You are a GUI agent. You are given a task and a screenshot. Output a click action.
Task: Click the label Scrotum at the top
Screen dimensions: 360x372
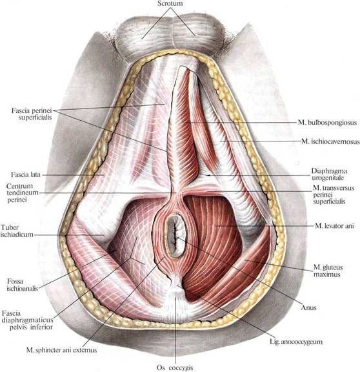click(170, 4)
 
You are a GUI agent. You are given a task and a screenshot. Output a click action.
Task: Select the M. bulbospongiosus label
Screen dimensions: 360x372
click(327, 123)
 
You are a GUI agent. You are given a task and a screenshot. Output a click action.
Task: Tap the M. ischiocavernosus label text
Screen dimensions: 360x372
click(330, 141)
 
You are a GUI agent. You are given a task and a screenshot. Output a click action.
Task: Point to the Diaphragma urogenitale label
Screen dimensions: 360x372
click(329, 174)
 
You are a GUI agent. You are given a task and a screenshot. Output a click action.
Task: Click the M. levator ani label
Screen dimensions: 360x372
click(334, 225)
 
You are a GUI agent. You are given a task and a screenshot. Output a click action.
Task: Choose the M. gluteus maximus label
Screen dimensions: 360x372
click(328, 271)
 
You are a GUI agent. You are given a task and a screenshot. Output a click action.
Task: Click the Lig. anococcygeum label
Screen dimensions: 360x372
click(296, 342)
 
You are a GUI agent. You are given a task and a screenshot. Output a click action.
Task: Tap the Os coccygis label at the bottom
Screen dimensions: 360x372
click(175, 367)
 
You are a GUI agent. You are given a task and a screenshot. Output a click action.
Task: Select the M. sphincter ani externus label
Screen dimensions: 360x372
click(62, 350)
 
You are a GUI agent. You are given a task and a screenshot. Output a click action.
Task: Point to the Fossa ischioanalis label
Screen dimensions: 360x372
click(23, 285)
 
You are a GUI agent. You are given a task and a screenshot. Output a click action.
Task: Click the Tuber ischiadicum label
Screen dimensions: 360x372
click(17, 231)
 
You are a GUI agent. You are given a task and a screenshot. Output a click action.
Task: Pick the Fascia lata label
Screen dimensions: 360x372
click(26, 174)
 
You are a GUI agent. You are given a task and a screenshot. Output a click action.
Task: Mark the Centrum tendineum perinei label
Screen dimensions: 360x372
click(23, 192)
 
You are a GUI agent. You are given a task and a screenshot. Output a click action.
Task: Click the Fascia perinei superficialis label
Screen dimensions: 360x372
click(32, 114)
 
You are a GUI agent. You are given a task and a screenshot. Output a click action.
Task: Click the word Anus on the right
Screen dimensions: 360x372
click(308, 307)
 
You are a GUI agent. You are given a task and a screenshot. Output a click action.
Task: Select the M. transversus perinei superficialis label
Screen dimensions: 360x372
click(334, 194)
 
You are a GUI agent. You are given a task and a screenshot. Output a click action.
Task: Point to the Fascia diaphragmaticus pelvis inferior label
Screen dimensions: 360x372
click(27, 320)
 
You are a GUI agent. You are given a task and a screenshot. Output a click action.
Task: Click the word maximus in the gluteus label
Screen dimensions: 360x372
click(327, 274)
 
